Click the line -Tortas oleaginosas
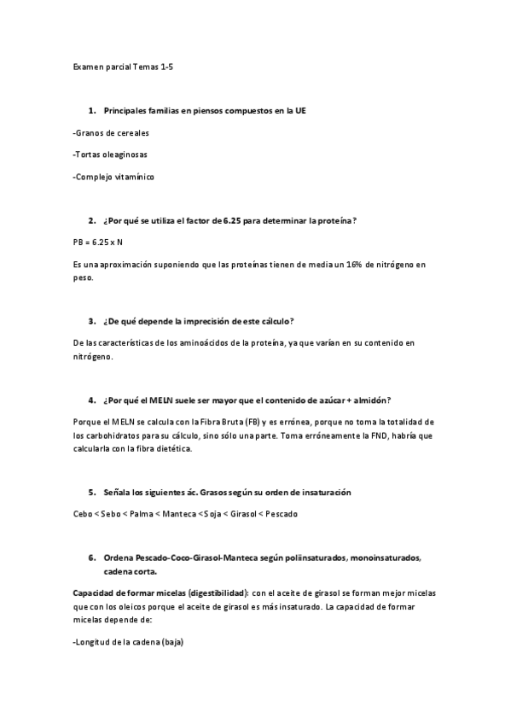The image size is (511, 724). (x=111, y=155)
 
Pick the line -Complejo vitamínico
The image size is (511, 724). (x=113, y=177)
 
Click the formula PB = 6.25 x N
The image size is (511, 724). (x=99, y=243)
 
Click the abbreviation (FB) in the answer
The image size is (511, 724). (x=253, y=422)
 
